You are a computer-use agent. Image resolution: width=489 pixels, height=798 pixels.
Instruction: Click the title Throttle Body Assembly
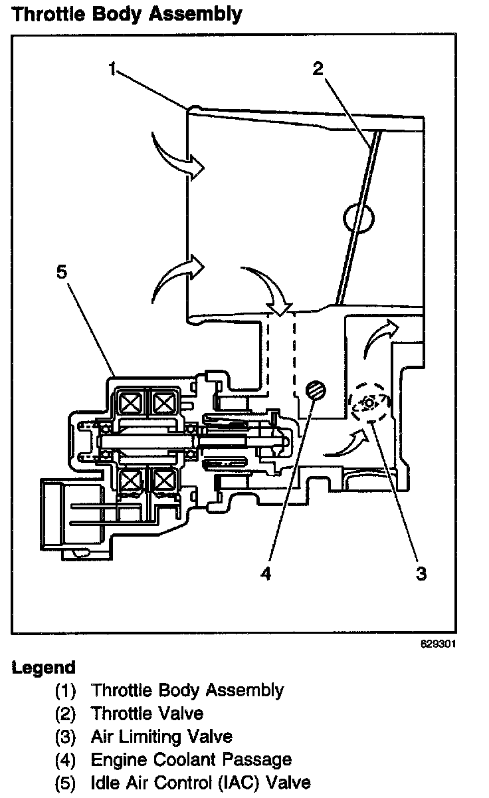click(x=127, y=14)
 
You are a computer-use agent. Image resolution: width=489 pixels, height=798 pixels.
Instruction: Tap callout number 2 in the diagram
click(x=318, y=68)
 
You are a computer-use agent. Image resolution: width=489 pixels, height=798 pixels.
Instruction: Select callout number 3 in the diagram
click(x=421, y=573)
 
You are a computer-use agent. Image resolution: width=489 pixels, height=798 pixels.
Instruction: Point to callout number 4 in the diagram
click(x=266, y=573)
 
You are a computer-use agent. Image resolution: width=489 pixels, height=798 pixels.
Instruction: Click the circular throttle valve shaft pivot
click(x=359, y=217)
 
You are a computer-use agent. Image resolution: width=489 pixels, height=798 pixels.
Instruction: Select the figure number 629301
click(x=439, y=644)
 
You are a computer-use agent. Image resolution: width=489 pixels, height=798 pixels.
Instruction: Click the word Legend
click(x=44, y=668)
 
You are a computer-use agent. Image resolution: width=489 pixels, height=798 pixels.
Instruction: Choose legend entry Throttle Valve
click(x=147, y=714)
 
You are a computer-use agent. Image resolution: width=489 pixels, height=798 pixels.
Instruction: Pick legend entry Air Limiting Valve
click(x=161, y=736)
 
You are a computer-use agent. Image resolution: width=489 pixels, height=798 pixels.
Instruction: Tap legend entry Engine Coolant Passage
click(x=191, y=759)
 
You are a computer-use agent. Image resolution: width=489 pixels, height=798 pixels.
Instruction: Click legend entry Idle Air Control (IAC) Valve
click(x=201, y=782)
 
